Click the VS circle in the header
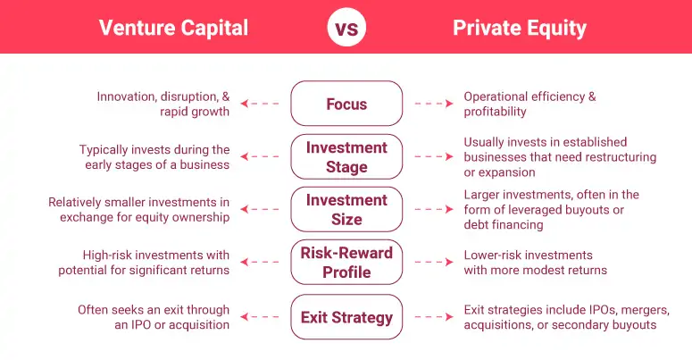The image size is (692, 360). (346, 27)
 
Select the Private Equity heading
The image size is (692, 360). (520, 28)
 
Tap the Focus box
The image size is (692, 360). (346, 104)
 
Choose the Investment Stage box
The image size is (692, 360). (346, 156)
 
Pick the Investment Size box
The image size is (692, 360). (346, 209)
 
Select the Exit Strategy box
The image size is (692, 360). (346, 317)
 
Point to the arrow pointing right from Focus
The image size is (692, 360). (433, 104)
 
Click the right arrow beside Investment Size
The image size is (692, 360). (433, 210)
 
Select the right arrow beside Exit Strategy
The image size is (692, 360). (433, 317)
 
